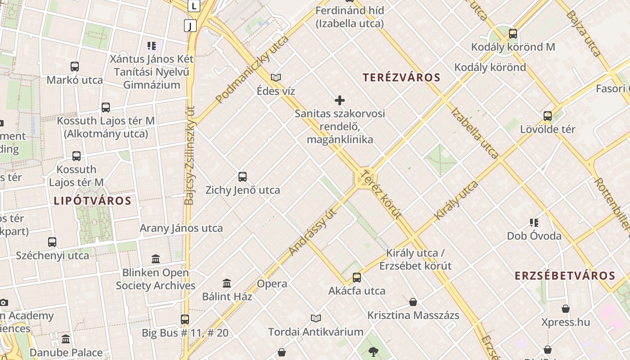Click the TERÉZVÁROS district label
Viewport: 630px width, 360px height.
click(401, 77)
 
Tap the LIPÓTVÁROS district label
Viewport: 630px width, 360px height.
click(92, 201)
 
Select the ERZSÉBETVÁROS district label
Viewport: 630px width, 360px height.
click(564, 276)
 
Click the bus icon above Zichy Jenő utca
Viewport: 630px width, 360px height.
click(243, 176)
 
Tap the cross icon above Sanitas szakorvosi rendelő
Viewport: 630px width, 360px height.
click(340, 100)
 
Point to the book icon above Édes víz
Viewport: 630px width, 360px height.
click(276, 77)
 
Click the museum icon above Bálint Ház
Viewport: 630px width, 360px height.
click(227, 283)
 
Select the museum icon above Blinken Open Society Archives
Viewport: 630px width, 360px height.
click(156, 259)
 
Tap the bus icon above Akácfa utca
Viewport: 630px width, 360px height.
click(357, 277)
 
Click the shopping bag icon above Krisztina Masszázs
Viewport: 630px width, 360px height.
click(413, 301)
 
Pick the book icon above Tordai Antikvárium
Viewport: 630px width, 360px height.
click(316, 318)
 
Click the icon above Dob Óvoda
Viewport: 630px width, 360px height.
click(534, 222)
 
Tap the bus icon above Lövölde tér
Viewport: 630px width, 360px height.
click(548, 116)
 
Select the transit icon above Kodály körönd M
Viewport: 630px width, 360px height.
click(513, 33)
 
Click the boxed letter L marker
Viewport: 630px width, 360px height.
click(194, 6)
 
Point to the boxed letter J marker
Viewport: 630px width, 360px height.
click(190, 26)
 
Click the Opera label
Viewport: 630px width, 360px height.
click(272, 283)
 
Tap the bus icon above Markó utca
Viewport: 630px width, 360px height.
click(75, 67)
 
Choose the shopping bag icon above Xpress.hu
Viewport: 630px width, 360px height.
click(566, 309)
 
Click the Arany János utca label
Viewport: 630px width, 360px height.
click(181, 228)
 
